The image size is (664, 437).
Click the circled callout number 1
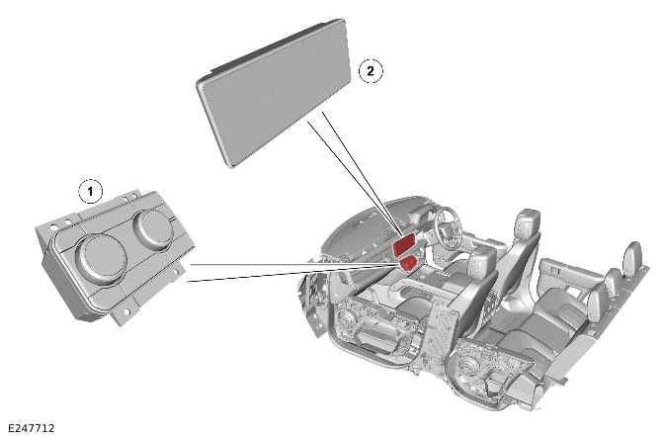point(91,188)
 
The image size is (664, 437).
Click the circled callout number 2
point(369,70)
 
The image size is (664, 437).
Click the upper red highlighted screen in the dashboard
point(404,247)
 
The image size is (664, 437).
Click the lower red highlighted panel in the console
point(407,264)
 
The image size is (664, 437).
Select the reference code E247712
point(30,427)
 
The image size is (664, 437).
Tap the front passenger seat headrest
point(481,263)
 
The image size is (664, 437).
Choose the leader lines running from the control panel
point(287,270)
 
